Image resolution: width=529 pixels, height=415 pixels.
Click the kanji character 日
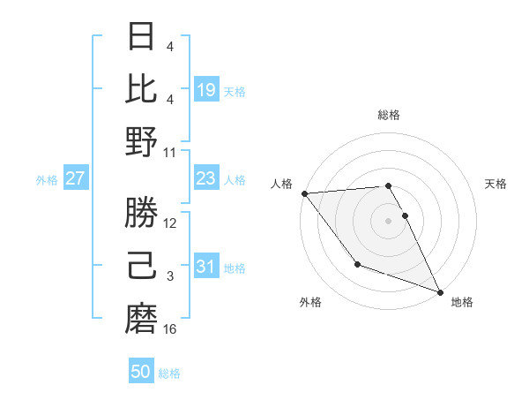(142, 36)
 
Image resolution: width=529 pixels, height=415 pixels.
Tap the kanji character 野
(142, 141)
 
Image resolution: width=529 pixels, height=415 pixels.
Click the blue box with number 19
(206, 89)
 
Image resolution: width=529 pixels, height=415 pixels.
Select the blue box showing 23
(206, 179)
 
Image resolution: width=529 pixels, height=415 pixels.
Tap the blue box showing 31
(206, 267)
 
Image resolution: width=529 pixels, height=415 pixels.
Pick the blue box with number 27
(75, 179)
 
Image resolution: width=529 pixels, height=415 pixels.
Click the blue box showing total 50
(141, 372)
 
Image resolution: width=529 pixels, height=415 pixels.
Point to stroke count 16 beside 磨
(171, 329)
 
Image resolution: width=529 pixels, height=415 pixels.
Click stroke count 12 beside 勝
(171, 223)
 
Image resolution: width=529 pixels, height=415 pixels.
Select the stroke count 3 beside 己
(171, 276)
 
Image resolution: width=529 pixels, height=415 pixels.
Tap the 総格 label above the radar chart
(389, 115)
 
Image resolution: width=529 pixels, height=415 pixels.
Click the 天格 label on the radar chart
(496, 184)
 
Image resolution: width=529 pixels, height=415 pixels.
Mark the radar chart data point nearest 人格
(304, 193)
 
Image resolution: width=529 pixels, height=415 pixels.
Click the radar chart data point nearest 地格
(439, 292)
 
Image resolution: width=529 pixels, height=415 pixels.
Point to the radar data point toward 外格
(357, 264)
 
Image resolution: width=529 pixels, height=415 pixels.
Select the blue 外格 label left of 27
(47, 180)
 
